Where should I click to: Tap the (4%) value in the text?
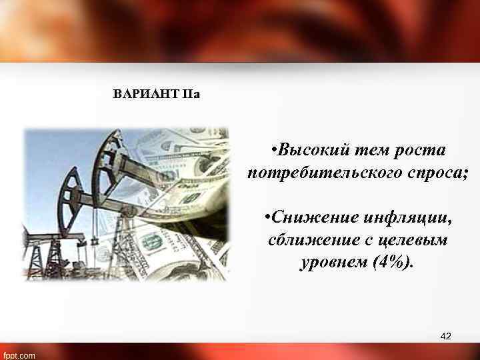391,261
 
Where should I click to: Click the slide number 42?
446,337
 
